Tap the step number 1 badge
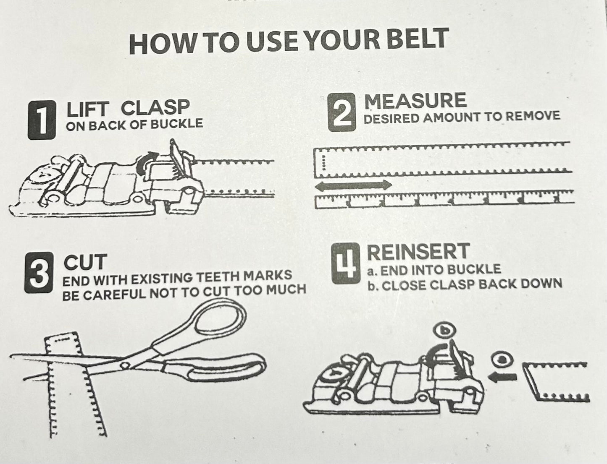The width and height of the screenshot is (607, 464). [x=41, y=120]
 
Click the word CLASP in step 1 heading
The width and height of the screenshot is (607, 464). [x=155, y=108]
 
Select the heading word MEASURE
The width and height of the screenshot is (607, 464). [x=415, y=101]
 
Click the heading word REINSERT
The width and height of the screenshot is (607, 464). [x=418, y=252]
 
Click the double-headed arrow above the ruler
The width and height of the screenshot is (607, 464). [x=353, y=185]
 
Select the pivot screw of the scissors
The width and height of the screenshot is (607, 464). [x=124, y=365]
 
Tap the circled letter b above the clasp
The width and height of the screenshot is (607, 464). [x=441, y=330]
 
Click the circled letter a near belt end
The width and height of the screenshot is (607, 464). [x=500, y=360]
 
